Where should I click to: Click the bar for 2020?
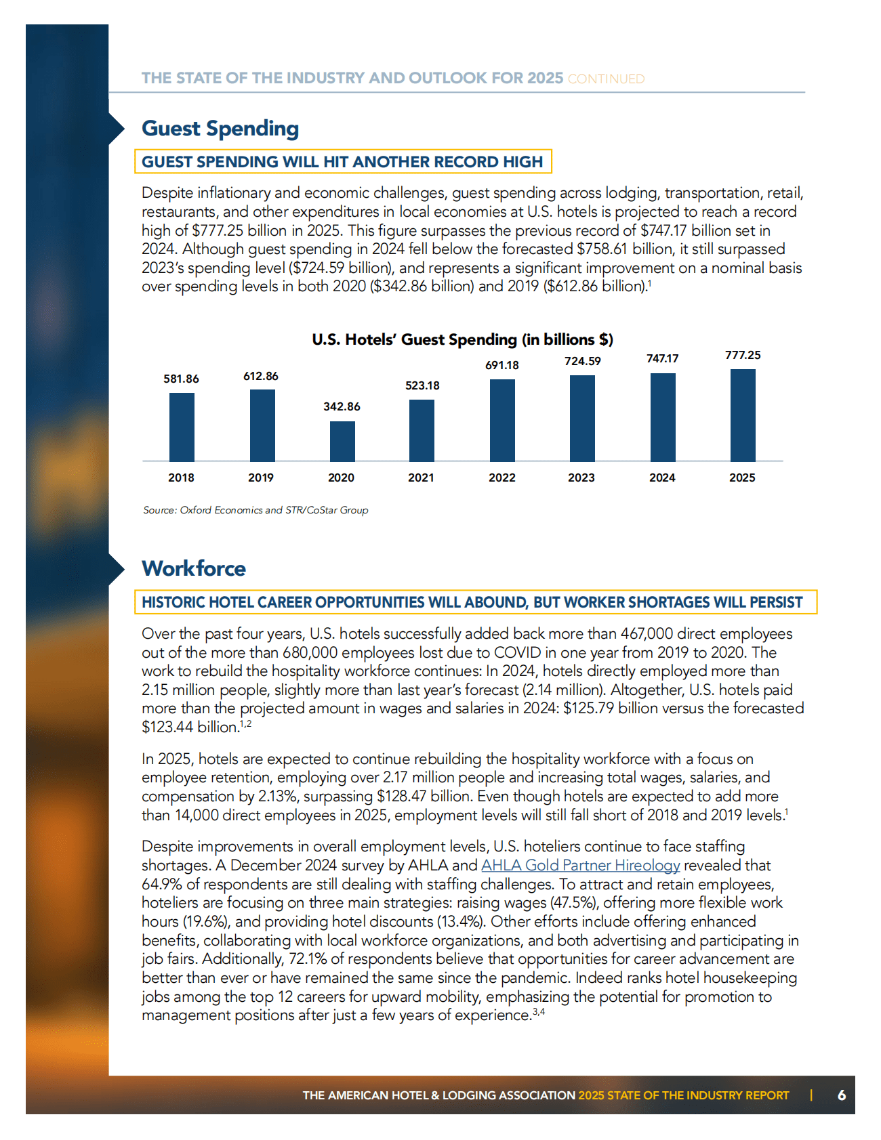coord(342,441)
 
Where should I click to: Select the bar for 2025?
coord(743,415)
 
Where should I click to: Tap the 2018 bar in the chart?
coord(182,427)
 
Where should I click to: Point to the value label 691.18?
coord(502,365)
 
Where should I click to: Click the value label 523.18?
coord(422,385)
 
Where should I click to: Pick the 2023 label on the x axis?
coord(581,478)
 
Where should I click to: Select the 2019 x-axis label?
coord(261,478)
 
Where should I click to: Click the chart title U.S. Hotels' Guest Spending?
coord(463,339)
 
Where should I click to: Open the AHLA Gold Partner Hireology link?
coord(581,865)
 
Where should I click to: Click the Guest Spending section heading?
coord(220,128)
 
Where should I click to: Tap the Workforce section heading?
coord(194,568)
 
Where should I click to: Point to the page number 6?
coord(842,1095)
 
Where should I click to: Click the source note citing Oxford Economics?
coord(255,510)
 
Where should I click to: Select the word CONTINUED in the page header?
coord(606,79)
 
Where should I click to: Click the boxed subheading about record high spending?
coord(343,162)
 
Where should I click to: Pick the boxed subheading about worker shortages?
coord(476,602)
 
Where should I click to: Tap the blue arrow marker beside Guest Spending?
coord(116,128)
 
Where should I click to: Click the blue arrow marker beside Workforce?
coord(116,569)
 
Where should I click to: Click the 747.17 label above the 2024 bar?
coord(662,358)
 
